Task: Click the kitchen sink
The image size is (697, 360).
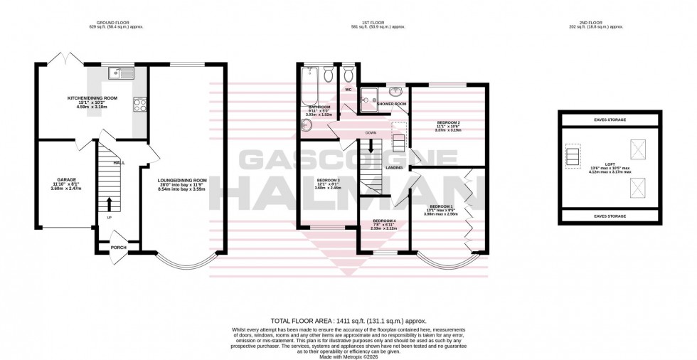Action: pyautogui.click(x=119, y=71)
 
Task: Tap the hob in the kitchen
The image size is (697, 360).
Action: pyautogui.click(x=139, y=105)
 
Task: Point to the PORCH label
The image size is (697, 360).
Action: pyautogui.click(x=118, y=248)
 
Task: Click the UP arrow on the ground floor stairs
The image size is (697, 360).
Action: pyautogui.click(x=110, y=204)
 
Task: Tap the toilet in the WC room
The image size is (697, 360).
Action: pyautogui.click(x=348, y=75)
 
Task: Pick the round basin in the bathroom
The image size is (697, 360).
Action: pyautogui.click(x=308, y=126)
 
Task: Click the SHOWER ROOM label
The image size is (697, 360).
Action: pyautogui.click(x=391, y=105)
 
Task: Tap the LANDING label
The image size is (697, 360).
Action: pyautogui.click(x=394, y=168)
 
